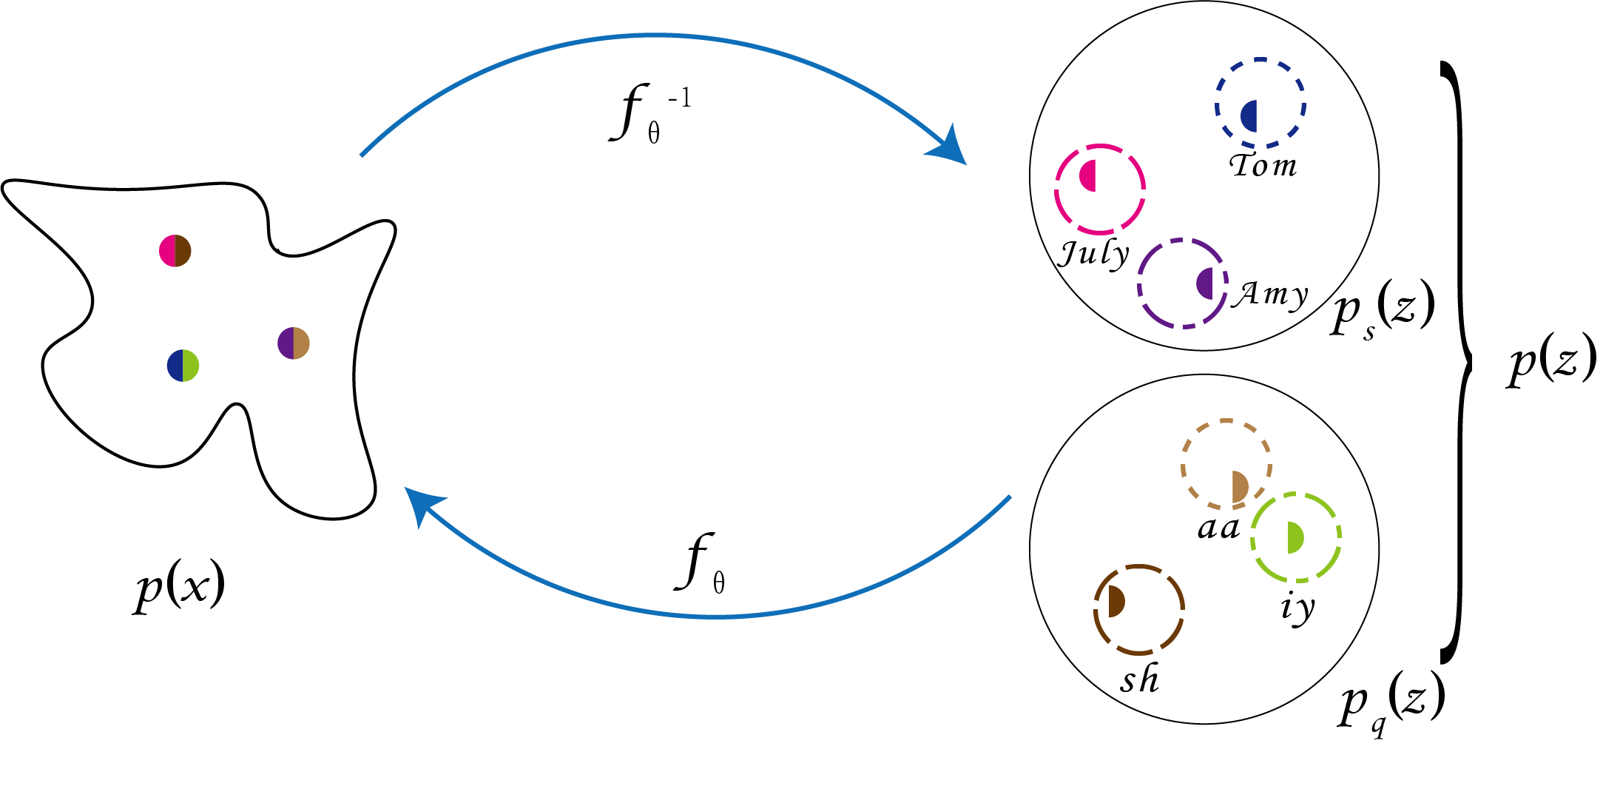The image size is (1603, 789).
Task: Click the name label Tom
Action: pos(1263,165)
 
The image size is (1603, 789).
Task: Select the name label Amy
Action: pos(1270,295)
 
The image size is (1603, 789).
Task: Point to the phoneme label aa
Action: pos(1218,528)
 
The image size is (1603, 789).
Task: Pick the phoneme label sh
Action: pos(1139,679)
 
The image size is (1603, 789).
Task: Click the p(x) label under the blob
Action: pos(180,587)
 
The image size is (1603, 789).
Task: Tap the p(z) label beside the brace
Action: pos(1552,362)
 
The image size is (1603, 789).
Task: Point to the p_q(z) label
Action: pos(1391,701)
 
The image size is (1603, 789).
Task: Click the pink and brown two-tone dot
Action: pos(175,251)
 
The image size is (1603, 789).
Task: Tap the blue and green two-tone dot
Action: pos(183,366)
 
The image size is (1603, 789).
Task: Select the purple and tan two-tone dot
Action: pos(294,343)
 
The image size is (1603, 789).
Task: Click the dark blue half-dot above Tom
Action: pos(1249,116)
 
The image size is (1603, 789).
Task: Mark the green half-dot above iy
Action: pos(1295,537)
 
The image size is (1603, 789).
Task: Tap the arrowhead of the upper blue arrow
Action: pos(951,148)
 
